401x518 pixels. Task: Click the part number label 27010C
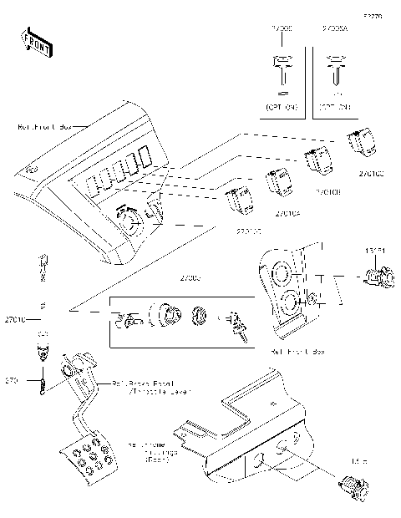click(370, 174)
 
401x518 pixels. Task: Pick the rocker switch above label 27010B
click(317, 160)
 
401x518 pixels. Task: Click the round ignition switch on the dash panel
click(129, 219)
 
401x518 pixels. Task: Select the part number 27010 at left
click(15, 319)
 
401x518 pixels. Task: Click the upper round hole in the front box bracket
click(281, 274)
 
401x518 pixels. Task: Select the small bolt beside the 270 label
click(38, 384)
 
